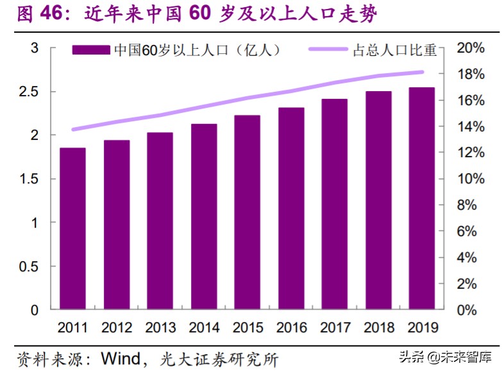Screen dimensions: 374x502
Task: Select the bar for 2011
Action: (72, 229)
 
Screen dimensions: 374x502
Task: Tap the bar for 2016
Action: (291, 208)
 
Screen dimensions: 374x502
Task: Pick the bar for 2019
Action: (422, 198)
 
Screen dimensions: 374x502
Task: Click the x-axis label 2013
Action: (160, 328)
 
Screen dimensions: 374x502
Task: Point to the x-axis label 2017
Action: (335, 328)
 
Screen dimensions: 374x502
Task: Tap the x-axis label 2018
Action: (379, 328)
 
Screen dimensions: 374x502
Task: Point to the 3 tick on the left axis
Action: (35, 48)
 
